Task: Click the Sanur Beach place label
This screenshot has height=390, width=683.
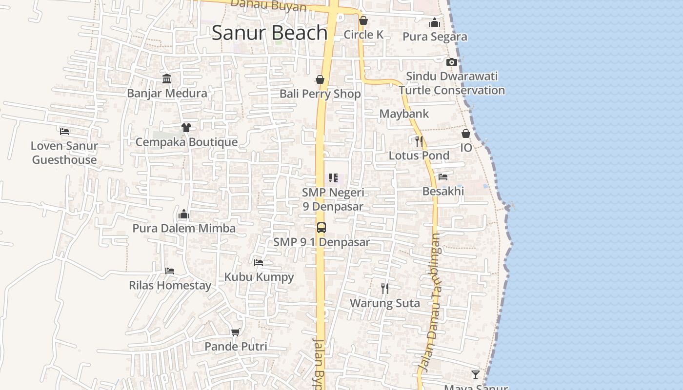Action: [269, 33]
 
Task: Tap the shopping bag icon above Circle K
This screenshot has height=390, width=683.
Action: [363, 21]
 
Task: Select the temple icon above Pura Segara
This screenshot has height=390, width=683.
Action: [435, 22]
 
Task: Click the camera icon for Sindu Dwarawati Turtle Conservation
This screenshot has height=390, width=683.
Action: [452, 62]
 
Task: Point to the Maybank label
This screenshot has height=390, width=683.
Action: [404, 114]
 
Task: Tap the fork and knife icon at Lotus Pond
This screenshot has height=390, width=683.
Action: [419, 141]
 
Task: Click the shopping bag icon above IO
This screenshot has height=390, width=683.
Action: [466, 134]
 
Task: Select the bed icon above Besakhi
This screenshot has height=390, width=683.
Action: [443, 177]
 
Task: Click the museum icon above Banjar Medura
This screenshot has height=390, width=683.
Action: [167, 78]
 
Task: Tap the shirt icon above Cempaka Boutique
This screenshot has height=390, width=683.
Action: [186, 128]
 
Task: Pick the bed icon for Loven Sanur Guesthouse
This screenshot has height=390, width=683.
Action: [64, 131]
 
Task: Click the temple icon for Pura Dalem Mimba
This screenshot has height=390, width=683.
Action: [184, 214]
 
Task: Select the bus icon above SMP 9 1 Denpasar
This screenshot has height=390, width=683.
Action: [321, 228]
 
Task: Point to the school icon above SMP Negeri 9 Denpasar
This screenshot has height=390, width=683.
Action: [333, 178]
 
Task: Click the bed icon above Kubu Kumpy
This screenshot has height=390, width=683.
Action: [259, 263]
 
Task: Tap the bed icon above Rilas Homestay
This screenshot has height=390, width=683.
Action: [170, 271]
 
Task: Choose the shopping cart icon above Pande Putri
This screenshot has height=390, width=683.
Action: [236, 332]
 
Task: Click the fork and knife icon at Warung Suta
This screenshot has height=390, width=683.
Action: [385, 289]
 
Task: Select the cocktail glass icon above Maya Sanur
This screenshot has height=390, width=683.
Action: [476, 374]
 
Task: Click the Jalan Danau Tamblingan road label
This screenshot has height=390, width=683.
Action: [429, 302]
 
